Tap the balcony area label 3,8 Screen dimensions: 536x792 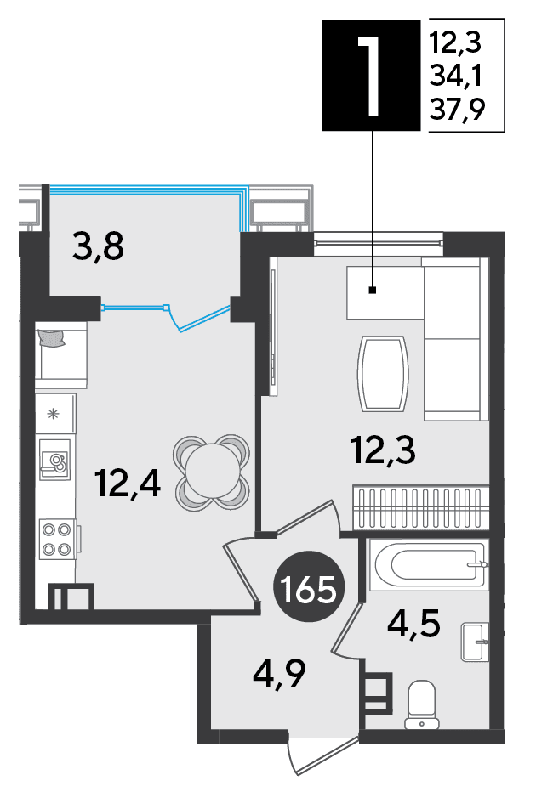(98, 246)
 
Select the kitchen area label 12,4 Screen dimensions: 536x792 (128, 483)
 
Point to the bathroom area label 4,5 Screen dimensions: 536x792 (413, 624)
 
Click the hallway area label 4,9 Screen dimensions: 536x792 (280, 673)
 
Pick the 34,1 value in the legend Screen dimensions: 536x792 (456, 76)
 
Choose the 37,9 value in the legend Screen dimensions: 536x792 (457, 108)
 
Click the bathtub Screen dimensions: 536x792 (429, 564)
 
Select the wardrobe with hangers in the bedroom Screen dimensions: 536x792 (420, 507)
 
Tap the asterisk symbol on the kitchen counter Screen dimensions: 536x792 (53, 414)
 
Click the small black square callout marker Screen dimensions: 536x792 (373, 290)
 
